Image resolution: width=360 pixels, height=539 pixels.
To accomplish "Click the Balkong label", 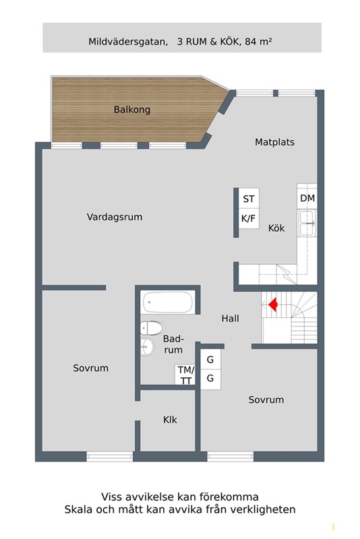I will coord(131,109).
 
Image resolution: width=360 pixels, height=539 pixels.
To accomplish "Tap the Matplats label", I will coord(274,142).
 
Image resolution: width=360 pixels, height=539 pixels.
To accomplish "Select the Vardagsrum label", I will coord(115,217).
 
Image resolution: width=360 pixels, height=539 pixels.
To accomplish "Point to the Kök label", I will coord(276,228).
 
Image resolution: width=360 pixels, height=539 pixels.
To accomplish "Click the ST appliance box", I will coord(249,199).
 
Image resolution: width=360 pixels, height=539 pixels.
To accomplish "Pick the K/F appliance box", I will coord(249,219).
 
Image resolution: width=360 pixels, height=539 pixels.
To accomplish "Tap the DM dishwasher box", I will coord(307,198).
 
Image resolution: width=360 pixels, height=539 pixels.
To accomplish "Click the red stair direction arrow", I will coord(273,305).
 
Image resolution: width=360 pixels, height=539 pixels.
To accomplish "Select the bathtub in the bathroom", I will coord(168,303).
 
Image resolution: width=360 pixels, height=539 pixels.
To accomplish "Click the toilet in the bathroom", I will coord(152,329).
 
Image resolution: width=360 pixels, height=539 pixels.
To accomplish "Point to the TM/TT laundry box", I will coord(185,375).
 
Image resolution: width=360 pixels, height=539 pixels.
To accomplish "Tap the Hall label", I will coord(230,319).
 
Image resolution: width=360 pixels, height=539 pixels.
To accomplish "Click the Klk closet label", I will coord(170,420).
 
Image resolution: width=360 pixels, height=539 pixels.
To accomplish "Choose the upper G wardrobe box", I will coord(210,360).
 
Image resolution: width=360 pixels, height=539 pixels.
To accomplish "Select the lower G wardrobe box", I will coord(210,379).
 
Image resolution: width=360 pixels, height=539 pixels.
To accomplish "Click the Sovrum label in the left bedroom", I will coord(90,369).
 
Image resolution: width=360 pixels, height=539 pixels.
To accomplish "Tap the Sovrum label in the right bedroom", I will coord(266,400).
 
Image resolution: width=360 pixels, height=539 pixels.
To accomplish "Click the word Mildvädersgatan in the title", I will coord(127,41).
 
